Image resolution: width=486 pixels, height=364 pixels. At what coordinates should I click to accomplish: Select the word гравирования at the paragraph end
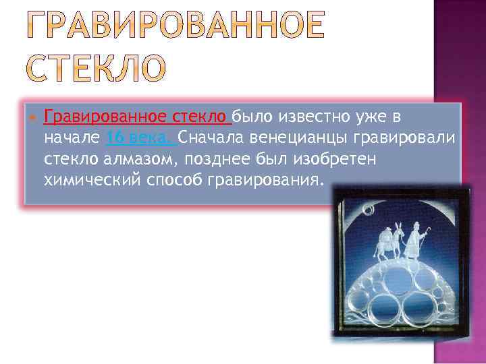tap(270, 181)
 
